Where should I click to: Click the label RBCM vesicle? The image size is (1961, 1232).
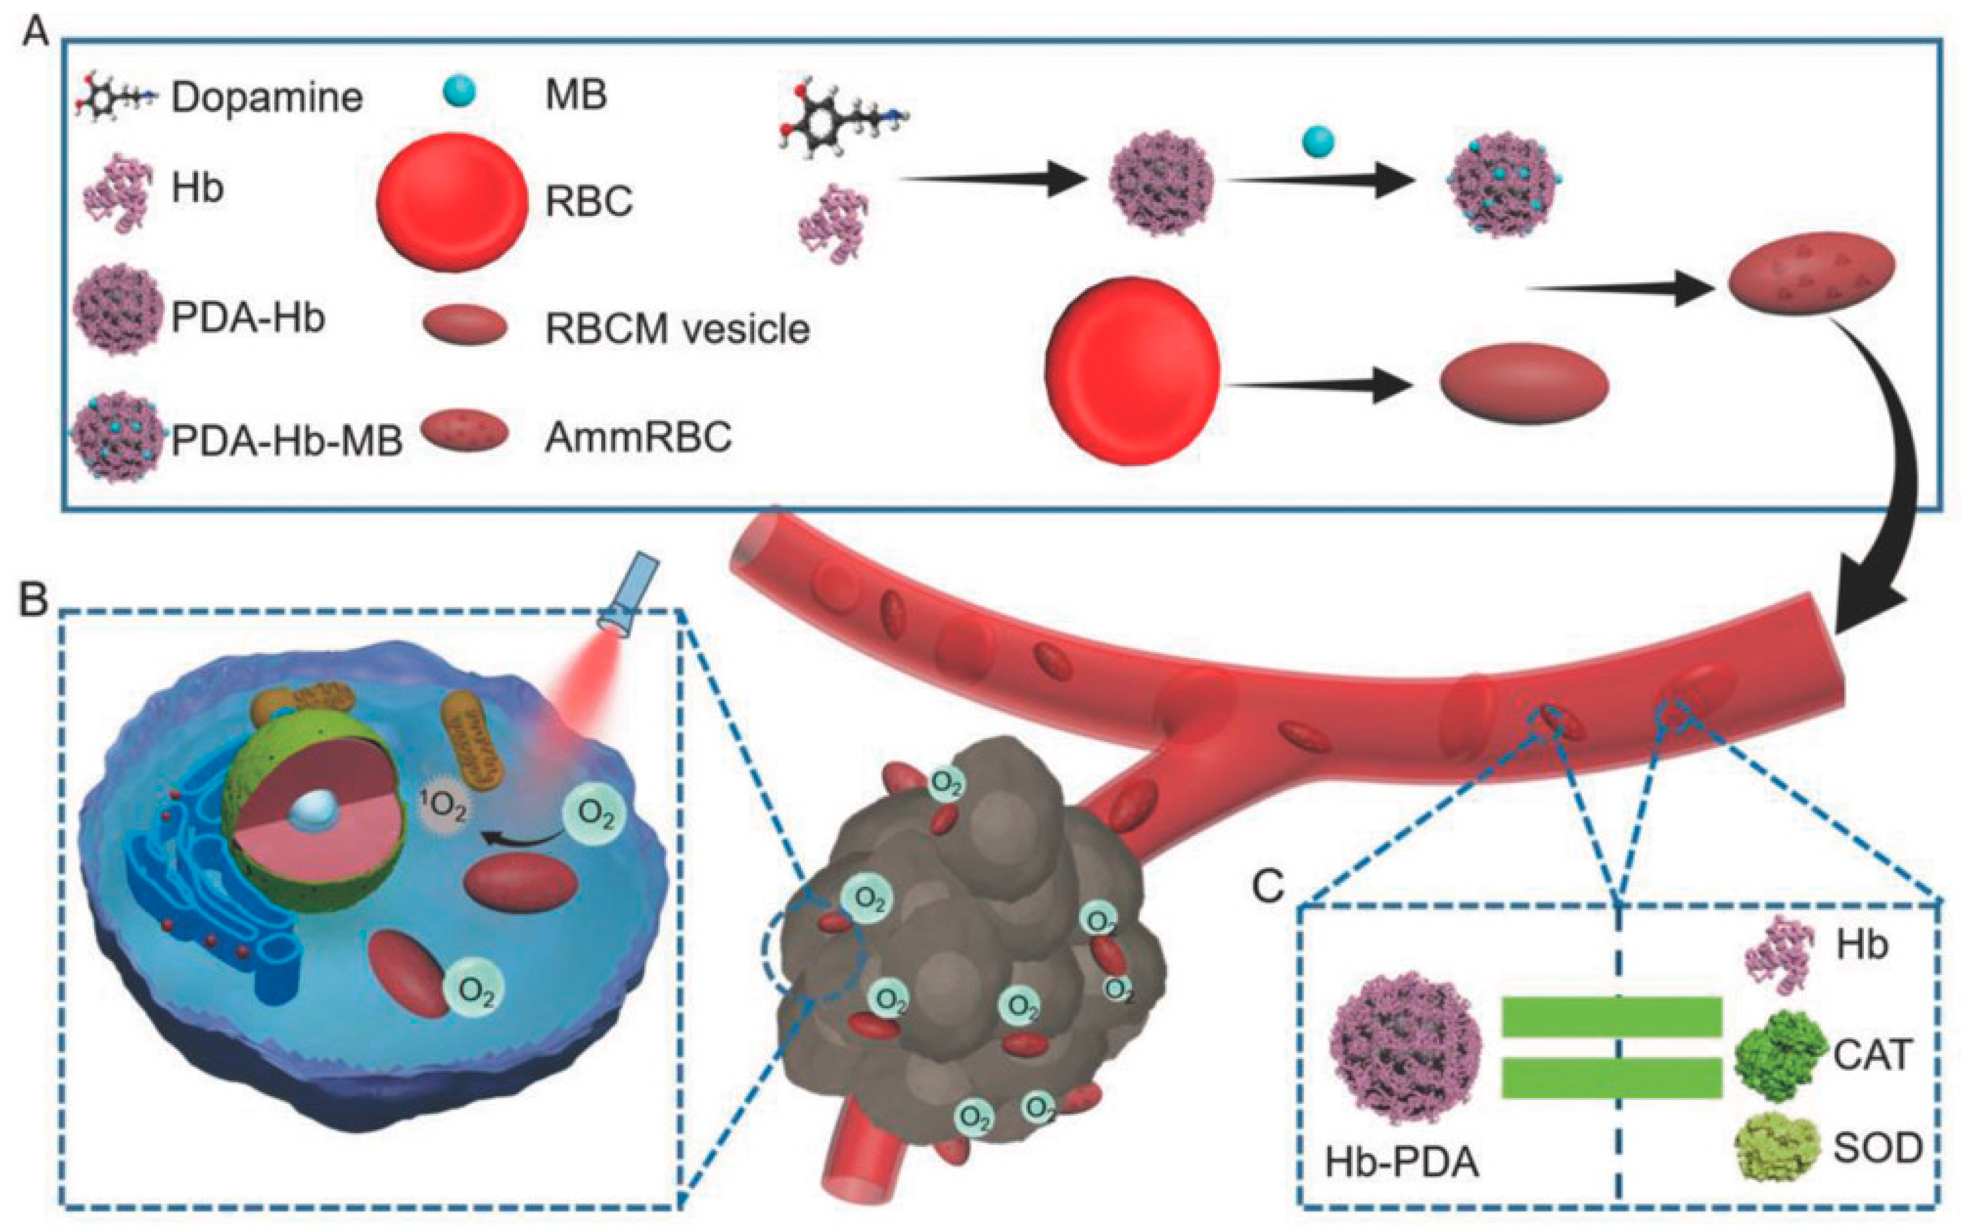tap(677, 330)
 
